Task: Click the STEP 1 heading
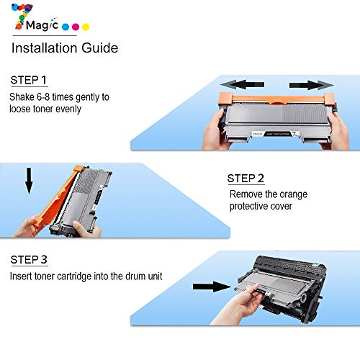click(x=29, y=80)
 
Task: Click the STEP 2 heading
click(x=246, y=179)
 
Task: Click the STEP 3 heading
click(x=29, y=260)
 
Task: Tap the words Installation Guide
click(x=65, y=48)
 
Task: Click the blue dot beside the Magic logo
click(x=66, y=27)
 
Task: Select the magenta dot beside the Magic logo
click(x=76, y=27)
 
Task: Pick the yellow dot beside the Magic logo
click(x=86, y=27)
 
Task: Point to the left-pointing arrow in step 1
click(x=242, y=85)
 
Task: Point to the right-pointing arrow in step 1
click(x=311, y=85)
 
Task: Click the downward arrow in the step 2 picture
click(x=29, y=181)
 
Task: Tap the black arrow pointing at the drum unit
click(x=212, y=287)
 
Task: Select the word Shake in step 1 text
click(x=22, y=97)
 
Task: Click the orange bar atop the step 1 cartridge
click(x=276, y=99)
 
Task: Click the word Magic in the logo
click(x=42, y=25)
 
